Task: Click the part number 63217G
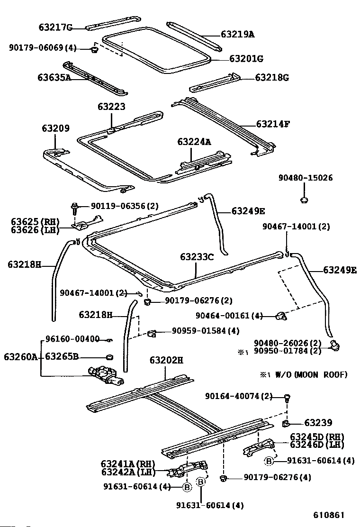click(55, 27)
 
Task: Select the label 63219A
click(237, 34)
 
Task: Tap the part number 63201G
click(246, 59)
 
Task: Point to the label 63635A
click(54, 77)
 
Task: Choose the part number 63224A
click(194, 142)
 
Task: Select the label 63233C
click(197, 257)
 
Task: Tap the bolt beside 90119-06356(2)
click(75, 207)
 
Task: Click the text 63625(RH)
click(34, 221)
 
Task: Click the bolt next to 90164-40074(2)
click(287, 397)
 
